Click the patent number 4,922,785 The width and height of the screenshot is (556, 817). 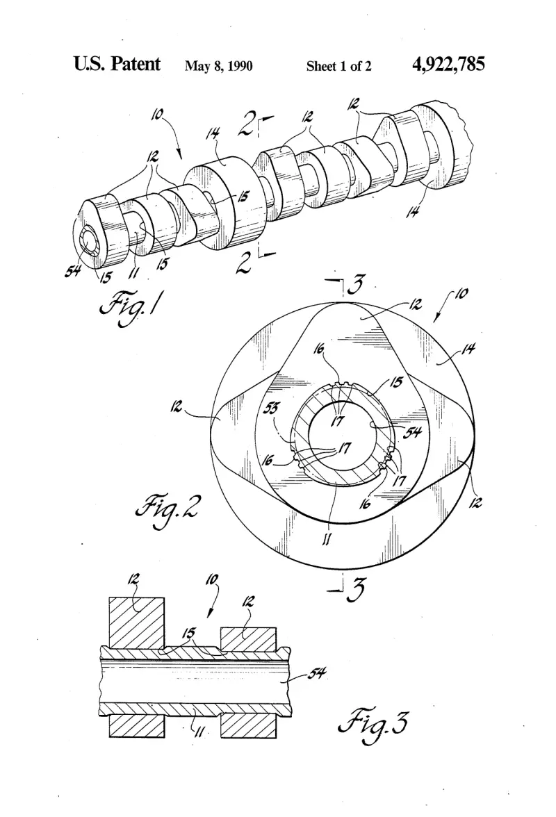[448, 64]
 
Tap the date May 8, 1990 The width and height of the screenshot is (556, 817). [219, 66]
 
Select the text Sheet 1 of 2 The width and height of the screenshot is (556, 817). [338, 66]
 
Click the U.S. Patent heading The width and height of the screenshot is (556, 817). [117, 64]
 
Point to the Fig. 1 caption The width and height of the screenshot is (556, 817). [130, 307]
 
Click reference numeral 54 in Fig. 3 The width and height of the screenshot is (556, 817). [316, 674]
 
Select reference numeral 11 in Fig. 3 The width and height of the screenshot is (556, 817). [199, 733]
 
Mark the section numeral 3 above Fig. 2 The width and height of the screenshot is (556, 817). [355, 286]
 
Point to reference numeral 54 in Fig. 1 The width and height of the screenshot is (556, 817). [72, 271]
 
